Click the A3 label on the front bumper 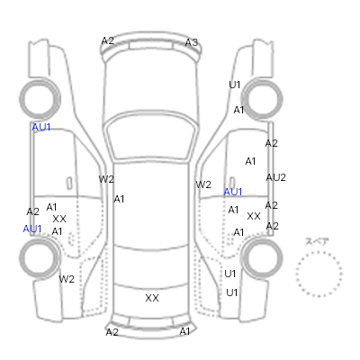point(192,42)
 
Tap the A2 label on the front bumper point(108,40)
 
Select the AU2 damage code point(275,177)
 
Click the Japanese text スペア point(317,242)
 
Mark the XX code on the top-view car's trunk point(152,298)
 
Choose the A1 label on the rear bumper point(184,331)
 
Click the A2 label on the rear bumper point(112,332)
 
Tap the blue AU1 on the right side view point(233,192)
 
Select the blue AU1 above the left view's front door point(41,127)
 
